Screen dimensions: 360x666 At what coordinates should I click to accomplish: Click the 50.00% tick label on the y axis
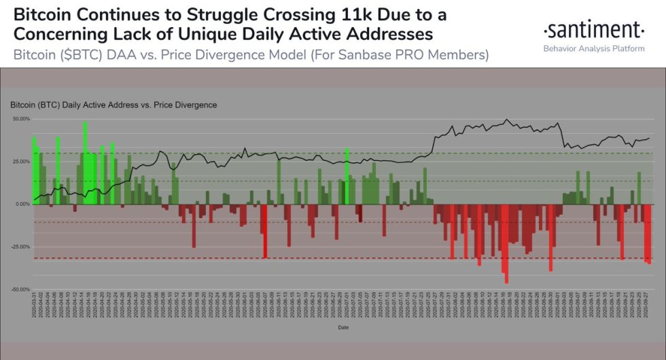click(22, 119)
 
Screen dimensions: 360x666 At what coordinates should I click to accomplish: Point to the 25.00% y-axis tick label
click(22, 162)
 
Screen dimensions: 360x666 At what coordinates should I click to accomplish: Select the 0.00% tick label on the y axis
click(23, 204)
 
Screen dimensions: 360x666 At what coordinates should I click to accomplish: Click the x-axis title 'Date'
click(343, 327)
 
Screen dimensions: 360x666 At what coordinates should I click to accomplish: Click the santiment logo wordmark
click(593, 30)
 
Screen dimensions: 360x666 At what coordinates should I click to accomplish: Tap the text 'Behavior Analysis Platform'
click(593, 48)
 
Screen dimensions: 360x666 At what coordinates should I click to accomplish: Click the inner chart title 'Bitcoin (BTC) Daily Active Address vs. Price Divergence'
click(113, 105)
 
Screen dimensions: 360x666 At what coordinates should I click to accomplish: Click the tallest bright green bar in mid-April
click(85, 163)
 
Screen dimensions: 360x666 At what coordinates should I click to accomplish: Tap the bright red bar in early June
click(265, 231)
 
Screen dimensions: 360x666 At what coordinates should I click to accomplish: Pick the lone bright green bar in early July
click(347, 176)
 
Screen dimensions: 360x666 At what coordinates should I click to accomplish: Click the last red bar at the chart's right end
click(649, 234)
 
